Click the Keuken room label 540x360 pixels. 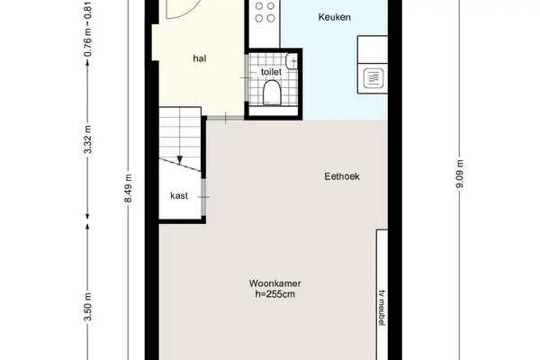click(x=335, y=17)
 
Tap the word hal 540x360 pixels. click(x=200, y=58)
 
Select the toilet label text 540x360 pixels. click(x=271, y=72)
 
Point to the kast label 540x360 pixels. click(x=179, y=195)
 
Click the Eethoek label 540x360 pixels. click(x=342, y=176)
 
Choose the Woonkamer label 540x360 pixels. click(x=274, y=283)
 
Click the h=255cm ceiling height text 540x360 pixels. click(x=274, y=294)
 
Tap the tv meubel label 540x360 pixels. click(x=382, y=308)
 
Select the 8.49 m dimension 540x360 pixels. click(x=128, y=188)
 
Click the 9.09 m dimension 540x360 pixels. click(x=460, y=174)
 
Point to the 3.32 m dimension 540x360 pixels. click(x=88, y=139)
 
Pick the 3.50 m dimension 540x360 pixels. click(x=88, y=307)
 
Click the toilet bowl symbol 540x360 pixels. click(x=272, y=93)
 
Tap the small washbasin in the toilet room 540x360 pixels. click(x=292, y=61)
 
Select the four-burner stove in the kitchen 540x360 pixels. click(x=265, y=12)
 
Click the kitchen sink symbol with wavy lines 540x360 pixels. click(x=373, y=78)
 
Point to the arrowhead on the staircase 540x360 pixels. click(x=179, y=160)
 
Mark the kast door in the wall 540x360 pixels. click(x=203, y=197)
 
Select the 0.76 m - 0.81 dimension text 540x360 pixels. click(x=88, y=30)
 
